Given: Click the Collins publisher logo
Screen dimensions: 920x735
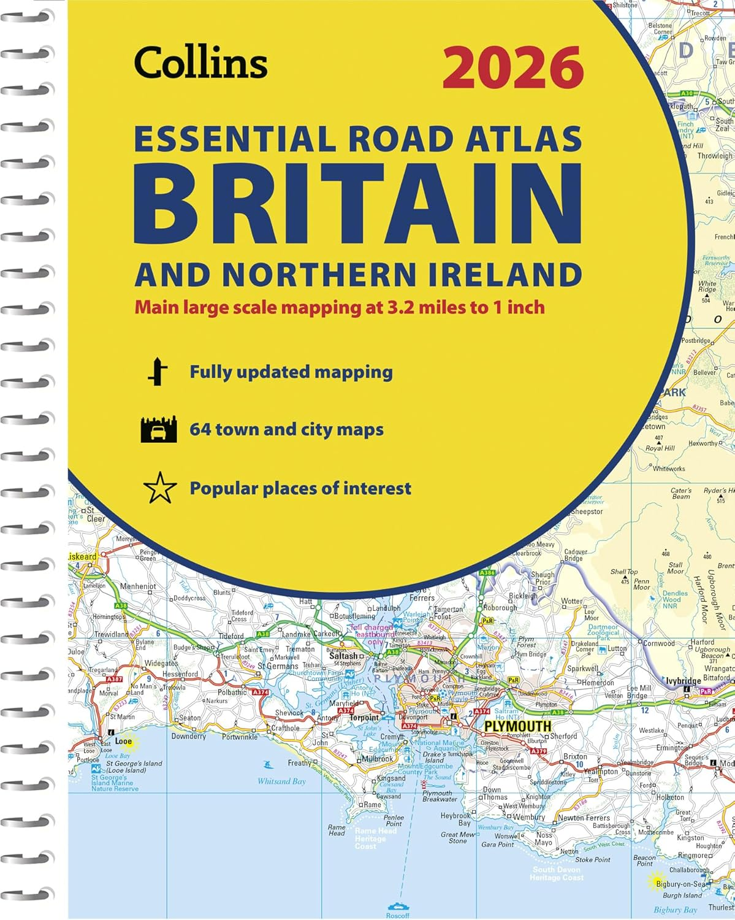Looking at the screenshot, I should tap(201, 63).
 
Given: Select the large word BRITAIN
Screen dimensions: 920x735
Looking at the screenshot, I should tap(357, 206).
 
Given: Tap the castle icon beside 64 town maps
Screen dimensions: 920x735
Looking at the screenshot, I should tap(158, 429).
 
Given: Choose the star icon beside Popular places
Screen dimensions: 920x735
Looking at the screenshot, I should tap(159, 489).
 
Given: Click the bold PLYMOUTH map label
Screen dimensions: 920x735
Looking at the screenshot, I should tap(517, 727).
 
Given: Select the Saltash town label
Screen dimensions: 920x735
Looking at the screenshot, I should tap(343, 656).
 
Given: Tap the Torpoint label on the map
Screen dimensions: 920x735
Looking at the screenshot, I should tap(364, 718).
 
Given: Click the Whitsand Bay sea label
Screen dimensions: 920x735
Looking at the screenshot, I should tap(281, 781).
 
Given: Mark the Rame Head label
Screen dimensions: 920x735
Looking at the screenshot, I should tap(337, 830).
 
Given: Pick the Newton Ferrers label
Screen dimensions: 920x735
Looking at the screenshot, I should tap(584, 818).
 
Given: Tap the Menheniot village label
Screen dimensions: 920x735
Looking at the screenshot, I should tap(138, 586).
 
